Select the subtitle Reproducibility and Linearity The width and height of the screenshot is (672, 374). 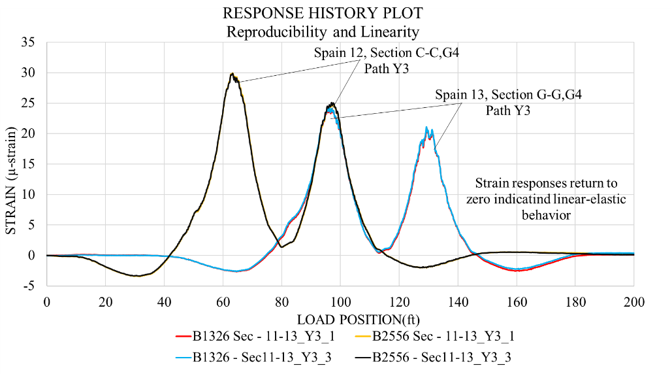pos(322,31)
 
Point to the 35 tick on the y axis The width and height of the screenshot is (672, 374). pos(28,42)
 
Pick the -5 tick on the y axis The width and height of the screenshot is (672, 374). pos(29,286)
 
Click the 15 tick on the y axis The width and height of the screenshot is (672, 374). pos(28,164)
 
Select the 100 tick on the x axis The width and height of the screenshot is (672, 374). pos(340,302)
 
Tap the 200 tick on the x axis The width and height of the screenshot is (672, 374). pos(633,302)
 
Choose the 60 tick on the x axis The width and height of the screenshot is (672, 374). pos(223,302)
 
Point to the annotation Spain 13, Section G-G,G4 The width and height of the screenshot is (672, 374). pos(508,95)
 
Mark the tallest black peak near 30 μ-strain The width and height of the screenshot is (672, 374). pos(232,74)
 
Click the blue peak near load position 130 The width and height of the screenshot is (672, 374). pos(426,128)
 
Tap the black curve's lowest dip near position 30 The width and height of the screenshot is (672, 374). pos(136,276)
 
